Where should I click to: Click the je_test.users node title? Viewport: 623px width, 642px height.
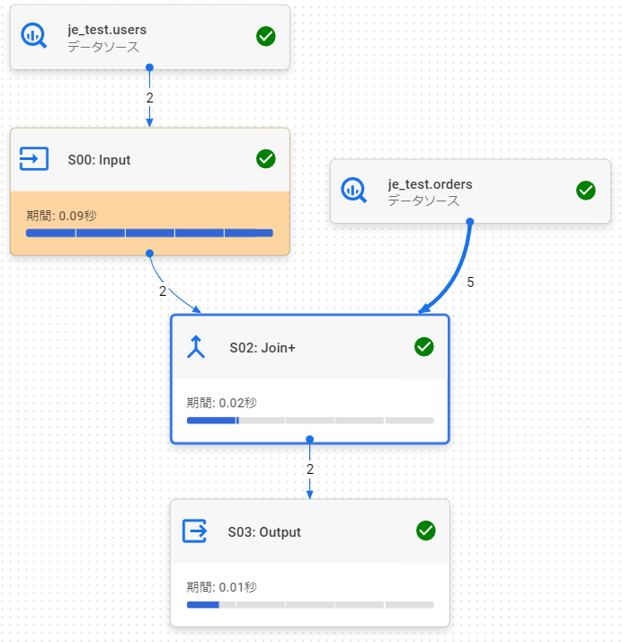107,30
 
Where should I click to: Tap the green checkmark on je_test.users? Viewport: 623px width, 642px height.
266,36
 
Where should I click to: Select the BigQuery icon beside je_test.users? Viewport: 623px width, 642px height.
34,37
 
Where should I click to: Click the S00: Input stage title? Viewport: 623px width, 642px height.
99,160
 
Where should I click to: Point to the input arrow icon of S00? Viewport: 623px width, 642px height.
34,159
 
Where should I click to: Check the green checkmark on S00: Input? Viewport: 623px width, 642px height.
266,159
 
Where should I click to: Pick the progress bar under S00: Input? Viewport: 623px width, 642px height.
149,233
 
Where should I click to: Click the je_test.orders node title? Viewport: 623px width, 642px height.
430,184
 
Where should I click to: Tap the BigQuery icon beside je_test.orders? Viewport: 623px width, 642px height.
353,191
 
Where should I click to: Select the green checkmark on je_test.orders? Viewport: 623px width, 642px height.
586,191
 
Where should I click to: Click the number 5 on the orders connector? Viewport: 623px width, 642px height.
470,281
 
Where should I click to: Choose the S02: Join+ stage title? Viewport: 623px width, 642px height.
263,347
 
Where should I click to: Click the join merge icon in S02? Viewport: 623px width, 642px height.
197,347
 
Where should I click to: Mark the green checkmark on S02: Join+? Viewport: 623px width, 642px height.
424,347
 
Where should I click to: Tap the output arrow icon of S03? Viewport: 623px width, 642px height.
195,531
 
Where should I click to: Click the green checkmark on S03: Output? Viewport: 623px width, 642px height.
426,531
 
